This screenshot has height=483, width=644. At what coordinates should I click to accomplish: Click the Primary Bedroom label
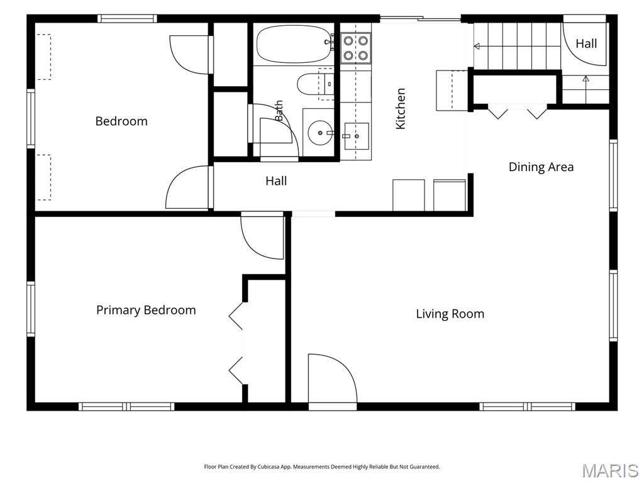(146, 310)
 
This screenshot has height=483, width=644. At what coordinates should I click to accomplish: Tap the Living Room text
(450, 314)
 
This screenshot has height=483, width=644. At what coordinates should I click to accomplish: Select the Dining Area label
(541, 167)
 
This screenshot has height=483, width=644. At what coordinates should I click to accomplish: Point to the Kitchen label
(401, 108)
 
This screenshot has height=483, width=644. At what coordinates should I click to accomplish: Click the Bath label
(279, 111)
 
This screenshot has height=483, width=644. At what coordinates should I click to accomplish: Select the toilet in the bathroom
(315, 84)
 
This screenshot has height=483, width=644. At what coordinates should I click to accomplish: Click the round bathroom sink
(320, 133)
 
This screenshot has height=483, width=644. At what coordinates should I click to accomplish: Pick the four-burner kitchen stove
(356, 48)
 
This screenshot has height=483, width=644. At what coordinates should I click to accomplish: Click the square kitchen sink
(357, 136)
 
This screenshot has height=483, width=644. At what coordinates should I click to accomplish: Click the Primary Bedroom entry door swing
(262, 237)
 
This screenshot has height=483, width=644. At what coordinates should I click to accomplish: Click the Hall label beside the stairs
(586, 43)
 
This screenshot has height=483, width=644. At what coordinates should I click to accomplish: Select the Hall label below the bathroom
(276, 180)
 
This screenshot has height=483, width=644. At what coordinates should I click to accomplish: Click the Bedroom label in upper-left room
(121, 121)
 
